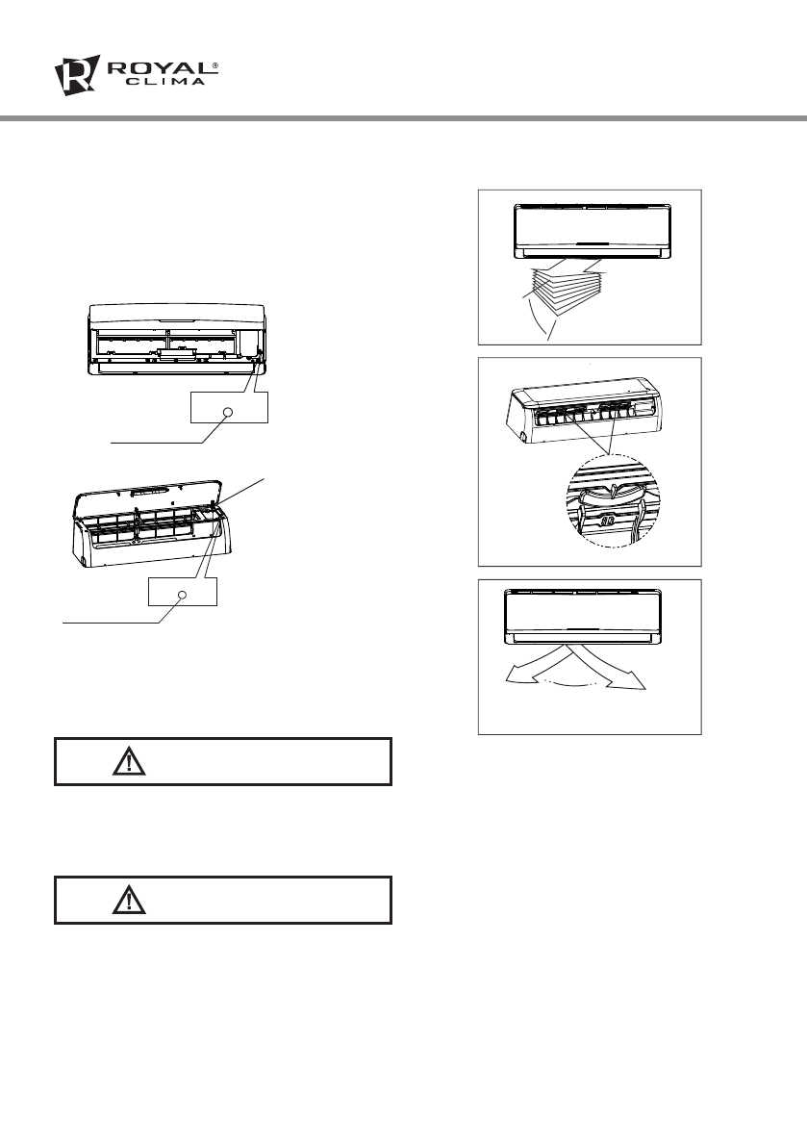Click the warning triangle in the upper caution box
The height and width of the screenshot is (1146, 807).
127,762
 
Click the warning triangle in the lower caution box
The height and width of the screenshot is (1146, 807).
127,901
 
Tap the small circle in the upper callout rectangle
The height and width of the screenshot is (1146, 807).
229,413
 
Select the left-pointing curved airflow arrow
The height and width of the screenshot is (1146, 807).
535,670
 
